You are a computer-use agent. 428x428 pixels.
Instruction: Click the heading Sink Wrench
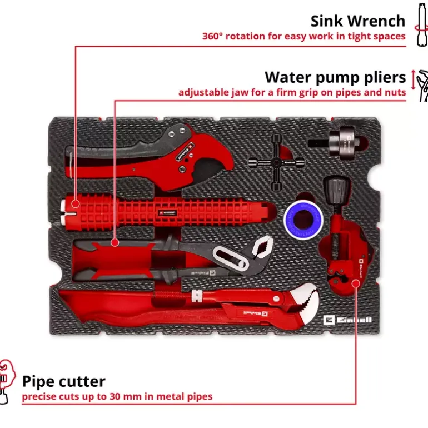pos(358,21)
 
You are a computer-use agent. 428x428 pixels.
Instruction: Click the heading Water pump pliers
pos(335,77)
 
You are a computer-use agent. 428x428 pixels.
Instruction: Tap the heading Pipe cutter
pos(63,381)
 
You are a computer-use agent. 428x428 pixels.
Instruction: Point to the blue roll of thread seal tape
pos(303,219)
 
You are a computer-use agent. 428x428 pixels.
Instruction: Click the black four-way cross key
pos(276,163)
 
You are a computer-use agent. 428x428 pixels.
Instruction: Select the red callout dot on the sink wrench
pos(76,203)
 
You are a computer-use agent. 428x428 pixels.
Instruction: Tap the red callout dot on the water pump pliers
pos(115,242)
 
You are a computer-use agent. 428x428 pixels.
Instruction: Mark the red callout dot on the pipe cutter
pos(356,283)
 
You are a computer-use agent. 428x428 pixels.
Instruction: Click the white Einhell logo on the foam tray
pos(347,320)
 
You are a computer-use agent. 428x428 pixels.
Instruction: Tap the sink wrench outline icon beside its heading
pos(421,24)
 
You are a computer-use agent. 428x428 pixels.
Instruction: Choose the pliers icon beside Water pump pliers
pos(421,86)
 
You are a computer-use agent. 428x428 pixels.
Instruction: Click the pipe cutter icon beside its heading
pos(7,381)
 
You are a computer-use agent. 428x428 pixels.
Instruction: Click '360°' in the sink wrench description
pos(212,36)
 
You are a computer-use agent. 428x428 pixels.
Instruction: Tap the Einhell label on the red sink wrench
pos(168,213)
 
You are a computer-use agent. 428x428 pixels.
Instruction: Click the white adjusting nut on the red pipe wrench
pos(197,296)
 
